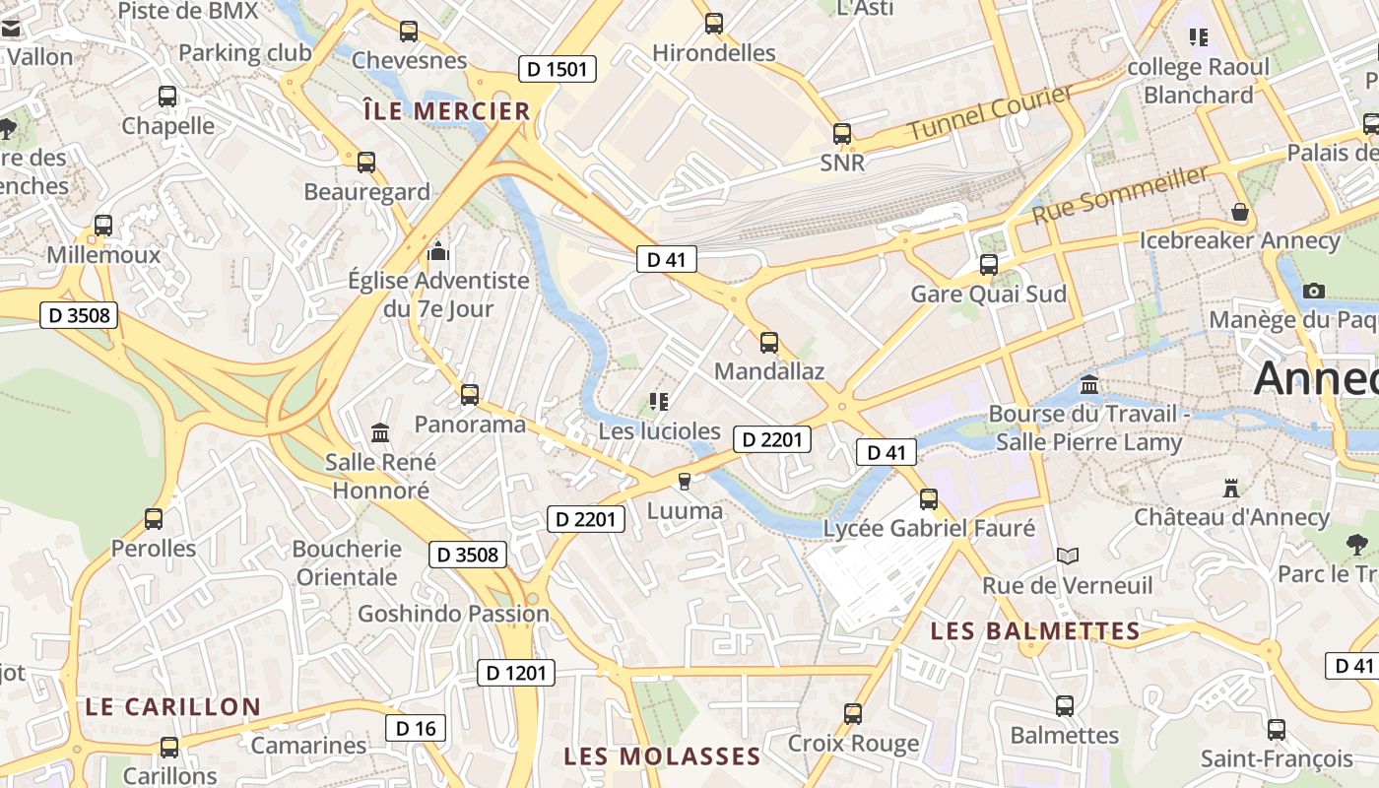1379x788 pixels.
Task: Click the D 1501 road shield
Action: (558, 69)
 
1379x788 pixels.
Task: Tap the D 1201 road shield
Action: (516, 673)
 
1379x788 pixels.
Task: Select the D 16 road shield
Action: (415, 728)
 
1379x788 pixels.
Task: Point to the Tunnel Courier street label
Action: (990, 112)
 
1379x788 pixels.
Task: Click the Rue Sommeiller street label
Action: (1120, 194)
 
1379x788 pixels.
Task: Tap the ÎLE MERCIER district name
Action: (447, 111)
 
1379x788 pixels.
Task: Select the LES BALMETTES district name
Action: (1035, 631)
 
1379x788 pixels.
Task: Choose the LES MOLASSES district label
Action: (662, 756)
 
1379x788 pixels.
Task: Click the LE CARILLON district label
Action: (172, 707)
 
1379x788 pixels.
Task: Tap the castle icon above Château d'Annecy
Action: (1230, 488)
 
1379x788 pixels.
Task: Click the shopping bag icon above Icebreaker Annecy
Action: (1240, 213)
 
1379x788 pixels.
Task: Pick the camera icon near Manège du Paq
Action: (1313, 291)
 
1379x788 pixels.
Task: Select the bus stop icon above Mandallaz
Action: (769, 343)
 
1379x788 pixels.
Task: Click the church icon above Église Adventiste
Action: (438, 252)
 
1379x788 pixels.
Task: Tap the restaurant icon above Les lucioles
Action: (659, 402)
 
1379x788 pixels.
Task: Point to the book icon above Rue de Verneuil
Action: (1068, 557)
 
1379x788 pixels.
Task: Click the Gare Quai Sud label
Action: (988, 294)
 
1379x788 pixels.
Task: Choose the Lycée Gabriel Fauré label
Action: (929, 529)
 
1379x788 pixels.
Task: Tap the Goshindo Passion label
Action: (453, 614)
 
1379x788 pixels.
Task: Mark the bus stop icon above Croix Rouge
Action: (853, 713)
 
